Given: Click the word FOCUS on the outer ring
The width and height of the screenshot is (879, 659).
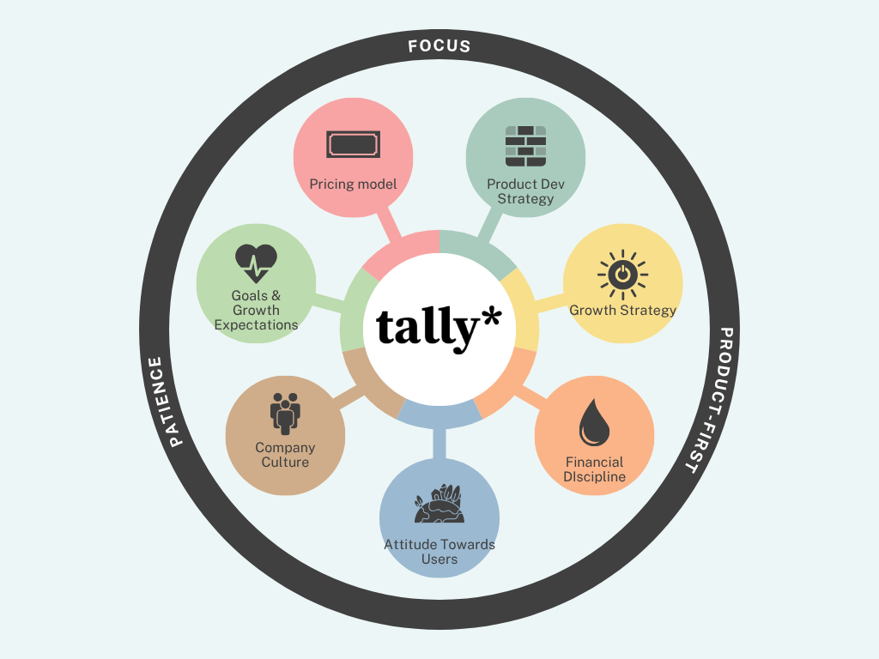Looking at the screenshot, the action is point(439,45).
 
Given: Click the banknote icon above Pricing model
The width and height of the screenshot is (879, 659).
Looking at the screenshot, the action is point(353,144).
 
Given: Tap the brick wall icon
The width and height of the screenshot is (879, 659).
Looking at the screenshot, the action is point(525,147).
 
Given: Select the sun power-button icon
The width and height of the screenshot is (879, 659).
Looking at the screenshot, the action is point(622,275).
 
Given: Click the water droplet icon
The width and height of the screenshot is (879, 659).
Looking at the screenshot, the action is point(593,423).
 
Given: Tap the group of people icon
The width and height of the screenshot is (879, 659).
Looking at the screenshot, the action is point(285,413).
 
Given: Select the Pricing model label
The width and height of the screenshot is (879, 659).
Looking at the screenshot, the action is point(353,184).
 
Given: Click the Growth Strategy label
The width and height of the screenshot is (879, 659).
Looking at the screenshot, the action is point(622,310).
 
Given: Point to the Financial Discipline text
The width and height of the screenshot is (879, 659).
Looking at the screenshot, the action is point(594,469).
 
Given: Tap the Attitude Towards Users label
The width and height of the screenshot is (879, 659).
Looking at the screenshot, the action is point(439,552).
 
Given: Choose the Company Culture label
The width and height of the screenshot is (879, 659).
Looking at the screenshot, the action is point(285,455).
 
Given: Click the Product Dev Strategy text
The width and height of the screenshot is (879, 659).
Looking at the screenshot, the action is point(525,191).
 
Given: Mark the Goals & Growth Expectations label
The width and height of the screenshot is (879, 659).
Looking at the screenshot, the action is point(256,310).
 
